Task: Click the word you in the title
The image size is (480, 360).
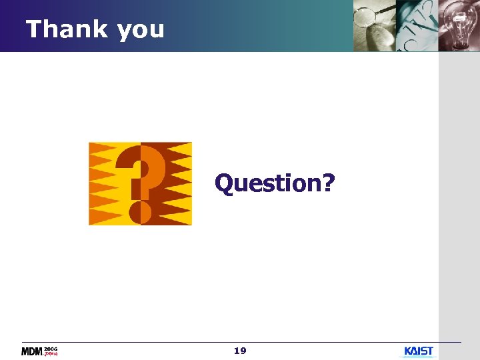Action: click(x=140, y=31)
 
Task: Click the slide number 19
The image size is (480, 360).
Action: click(x=240, y=351)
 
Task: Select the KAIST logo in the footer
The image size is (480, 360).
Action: click(x=419, y=351)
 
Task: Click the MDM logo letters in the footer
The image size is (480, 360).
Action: click(x=32, y=351)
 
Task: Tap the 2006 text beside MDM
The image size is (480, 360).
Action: click(x=51, y=349)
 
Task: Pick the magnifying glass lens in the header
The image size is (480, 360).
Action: click(x=365, y=14)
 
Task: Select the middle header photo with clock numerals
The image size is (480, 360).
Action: click(x=417, y=25)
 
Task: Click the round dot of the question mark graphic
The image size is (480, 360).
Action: click(x=140, y=213)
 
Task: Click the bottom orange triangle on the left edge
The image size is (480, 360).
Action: click(x=100, y=217)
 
